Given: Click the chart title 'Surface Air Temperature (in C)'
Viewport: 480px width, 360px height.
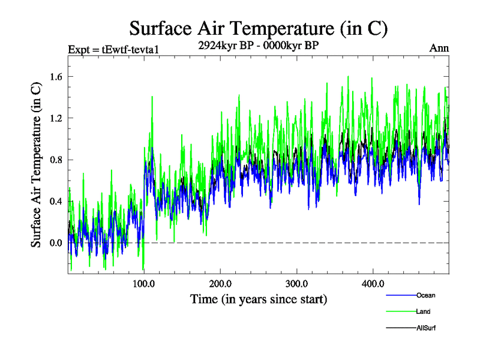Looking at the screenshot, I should tap(258, 28).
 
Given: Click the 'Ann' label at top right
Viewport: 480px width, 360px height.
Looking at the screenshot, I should tap(439, 49).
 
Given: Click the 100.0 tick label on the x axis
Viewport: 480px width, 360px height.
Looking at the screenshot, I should tap(144, 283).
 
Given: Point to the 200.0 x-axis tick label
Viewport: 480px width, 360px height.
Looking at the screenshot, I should tap(220, 283).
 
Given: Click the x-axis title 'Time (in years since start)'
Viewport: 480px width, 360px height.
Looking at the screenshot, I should tap(258, 299).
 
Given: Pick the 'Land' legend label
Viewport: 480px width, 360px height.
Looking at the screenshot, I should tap(423, 311).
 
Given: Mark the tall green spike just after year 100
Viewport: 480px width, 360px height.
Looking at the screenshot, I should tap(152, 97).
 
